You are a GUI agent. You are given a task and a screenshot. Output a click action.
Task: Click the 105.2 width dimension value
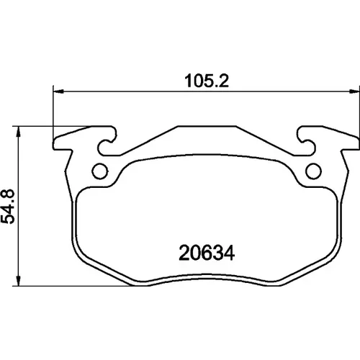(x=207, y=81)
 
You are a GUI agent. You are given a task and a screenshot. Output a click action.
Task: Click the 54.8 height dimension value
(x=8, y=207)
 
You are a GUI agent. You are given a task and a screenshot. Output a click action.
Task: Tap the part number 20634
(x=207, y=253)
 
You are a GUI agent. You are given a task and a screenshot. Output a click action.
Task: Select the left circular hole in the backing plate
(x=100, y=171)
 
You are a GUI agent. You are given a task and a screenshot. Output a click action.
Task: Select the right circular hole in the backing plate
(x=313, y=171)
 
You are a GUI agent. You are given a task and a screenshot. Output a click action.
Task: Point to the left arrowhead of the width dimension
(x=58, y=91)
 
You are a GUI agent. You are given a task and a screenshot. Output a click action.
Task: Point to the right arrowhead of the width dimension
(x=354, y=91)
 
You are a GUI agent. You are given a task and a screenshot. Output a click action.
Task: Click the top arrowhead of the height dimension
(x=18, y=132)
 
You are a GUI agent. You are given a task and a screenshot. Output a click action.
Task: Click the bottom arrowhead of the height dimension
(x=18, y=280)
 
